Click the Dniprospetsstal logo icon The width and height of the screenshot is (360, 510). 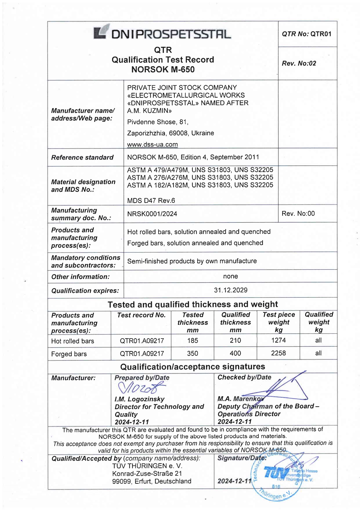click(x=101, y=32)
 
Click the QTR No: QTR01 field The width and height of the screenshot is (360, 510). click(x=307, y=34)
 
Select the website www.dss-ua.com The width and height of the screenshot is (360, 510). click(x=152, y=144)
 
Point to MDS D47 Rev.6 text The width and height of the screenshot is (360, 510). click(x=151, y=201)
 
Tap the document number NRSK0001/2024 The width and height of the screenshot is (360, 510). click(x=152, y=214)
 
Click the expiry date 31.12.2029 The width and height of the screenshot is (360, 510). click(x=231, y=290)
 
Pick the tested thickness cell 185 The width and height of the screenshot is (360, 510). click(x=192, y=340)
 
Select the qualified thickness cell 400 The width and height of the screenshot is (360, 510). click(x=235, y=353)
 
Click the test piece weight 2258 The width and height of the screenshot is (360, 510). click(x=278, y=353)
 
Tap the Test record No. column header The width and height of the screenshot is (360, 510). click(x=141, y=315)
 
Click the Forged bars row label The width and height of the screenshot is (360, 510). click(x=69, y=354)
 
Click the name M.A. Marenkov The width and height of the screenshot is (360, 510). click(x=240, y=399)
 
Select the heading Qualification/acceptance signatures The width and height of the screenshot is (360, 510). click(x=192, y=367)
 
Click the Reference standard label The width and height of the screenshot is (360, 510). click(x=82, y=158)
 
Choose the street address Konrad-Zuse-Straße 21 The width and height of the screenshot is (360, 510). click(x=147, y=474)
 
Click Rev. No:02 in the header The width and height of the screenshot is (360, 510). click(x=299, y=63)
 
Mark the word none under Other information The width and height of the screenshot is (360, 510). click(x=231, y=276)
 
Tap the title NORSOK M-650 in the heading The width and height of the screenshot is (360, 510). click(x=163, y=69)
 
